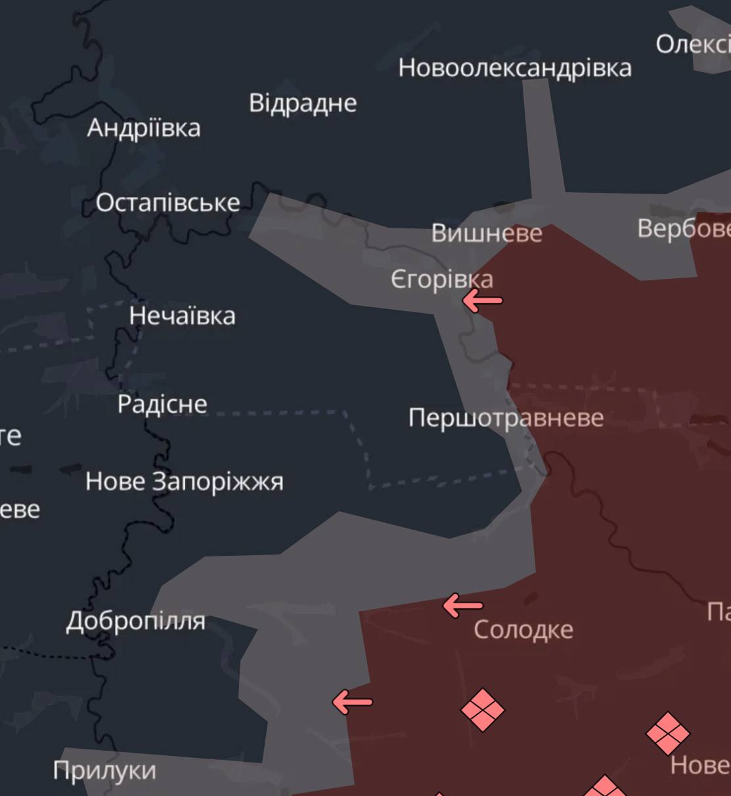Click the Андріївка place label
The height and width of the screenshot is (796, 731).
click(144, 128)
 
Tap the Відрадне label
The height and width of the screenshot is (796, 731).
click(303, 104)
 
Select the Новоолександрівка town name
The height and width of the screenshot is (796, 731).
click(515, 68)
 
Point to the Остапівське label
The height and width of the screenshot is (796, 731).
click(168, 203)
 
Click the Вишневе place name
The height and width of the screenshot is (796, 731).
click(487, 233)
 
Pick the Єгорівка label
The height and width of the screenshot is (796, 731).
click(441, 280)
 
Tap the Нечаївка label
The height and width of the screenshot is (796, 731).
click(182, 316)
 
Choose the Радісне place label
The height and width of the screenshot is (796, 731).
click(162, 404)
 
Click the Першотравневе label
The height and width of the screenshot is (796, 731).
click(506, 418)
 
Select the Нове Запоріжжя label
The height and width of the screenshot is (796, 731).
click(185, 482)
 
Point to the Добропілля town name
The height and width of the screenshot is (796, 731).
click(136, 621)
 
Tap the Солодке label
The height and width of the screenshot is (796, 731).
click(523, 630)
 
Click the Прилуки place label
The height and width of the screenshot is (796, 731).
click(104, 770)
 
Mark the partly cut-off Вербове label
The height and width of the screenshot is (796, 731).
click(684, 228)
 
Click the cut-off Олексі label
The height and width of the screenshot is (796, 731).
click(692, 45)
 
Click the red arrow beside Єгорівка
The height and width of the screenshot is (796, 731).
click(483, 301)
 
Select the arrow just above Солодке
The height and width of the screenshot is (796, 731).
click(463, 605)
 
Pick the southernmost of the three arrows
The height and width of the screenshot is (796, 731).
click(353, 702)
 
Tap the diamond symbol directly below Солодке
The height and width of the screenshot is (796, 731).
click(483, 709)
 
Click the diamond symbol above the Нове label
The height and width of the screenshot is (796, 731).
click(668, 733)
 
